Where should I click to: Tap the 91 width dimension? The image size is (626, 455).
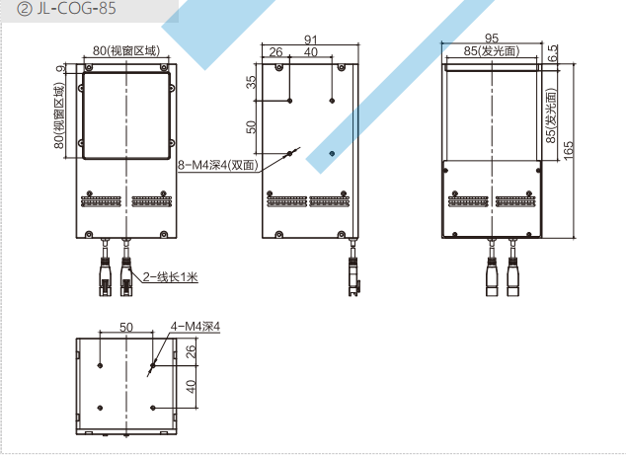[x=311, y=39]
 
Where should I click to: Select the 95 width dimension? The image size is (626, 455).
[x=492, y=38]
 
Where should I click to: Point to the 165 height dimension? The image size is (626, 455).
[x=568, y=150]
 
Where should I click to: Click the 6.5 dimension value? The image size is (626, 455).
[x=553, y=53]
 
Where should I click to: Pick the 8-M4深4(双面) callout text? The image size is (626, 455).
[x=218, y=165]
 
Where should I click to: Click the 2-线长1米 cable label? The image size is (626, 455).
[x=171, y=276]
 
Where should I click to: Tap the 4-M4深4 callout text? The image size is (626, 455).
[x=196, y=326]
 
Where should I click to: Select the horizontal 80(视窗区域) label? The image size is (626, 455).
[x=126, y=50]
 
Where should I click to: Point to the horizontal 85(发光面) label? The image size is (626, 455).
[x=492, y=51]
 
